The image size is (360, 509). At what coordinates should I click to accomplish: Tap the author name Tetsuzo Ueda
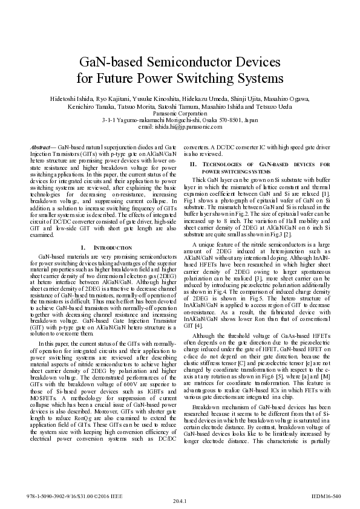[293, 106]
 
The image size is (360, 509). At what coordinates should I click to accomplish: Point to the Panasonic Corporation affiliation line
[180, 113]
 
